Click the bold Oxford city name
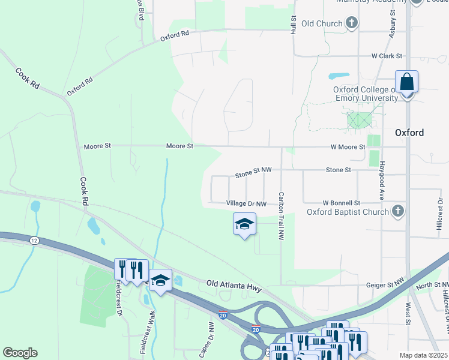click(x=409, y=133)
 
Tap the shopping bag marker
click(x=406, y=82)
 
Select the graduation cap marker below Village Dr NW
click(x=244, y=224)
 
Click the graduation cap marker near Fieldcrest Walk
click(x=160, y=281)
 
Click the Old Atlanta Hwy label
click(x=234, y=286)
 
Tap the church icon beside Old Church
click(x=352, y=23)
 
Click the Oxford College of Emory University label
click(x=365, y=94)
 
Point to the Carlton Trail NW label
click(x=280, y=216)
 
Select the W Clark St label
click(x=387, y=56)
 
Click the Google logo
click(x=20, y=352)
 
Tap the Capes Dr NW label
click(x=211, y=335)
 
